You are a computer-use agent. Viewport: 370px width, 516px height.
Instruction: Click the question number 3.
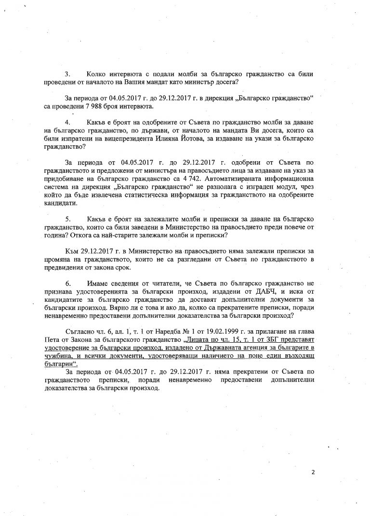coord(67,74)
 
